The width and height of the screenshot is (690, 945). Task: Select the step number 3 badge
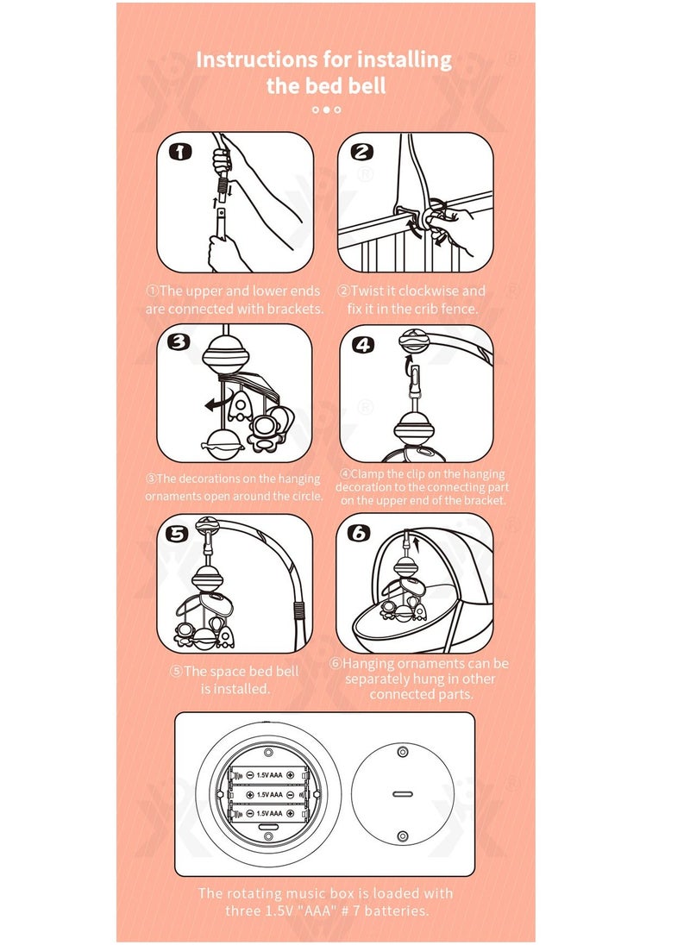[179, 342]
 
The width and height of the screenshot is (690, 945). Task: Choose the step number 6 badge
[359, 533]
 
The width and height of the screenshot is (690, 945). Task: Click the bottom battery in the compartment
[269, 813]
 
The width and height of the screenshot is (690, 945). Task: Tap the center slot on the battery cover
[402, 793]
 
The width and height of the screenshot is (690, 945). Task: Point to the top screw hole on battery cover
[402, 753]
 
